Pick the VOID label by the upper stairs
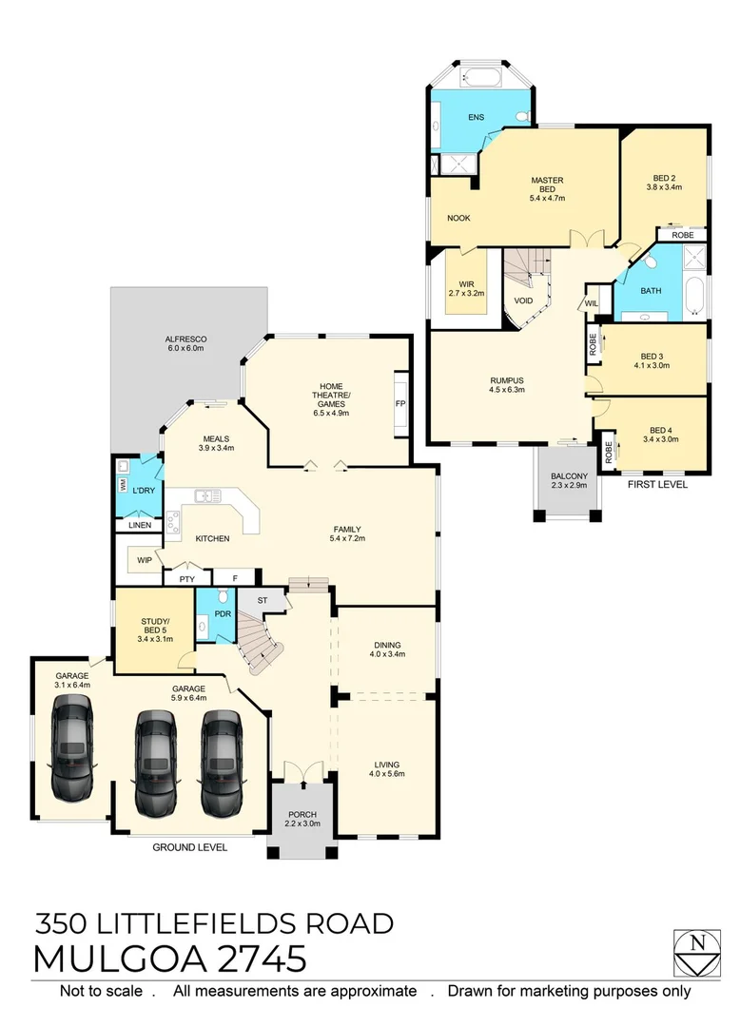pyautogui.click(x=523, y=300)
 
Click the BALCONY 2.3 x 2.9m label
pyautogui.click(x=570, y=481)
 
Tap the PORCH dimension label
pyautogui.click(x=302, y=819)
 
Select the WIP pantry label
pyautogui.click(x=145, y=560)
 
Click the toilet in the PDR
pyautogui.click(x=222, y=597)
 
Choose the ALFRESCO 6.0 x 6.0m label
pyautogui.click(x=187, y=343)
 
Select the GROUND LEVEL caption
pyautogui.click(x=190, y=847)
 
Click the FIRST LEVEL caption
pyautogui.click(x=656, y=484)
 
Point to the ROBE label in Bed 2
pyautogui.click(x=682, y=235)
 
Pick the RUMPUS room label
pyautogui.click(x=506, y=384)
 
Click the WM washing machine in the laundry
pyautogui.click(x=123, y=483)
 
